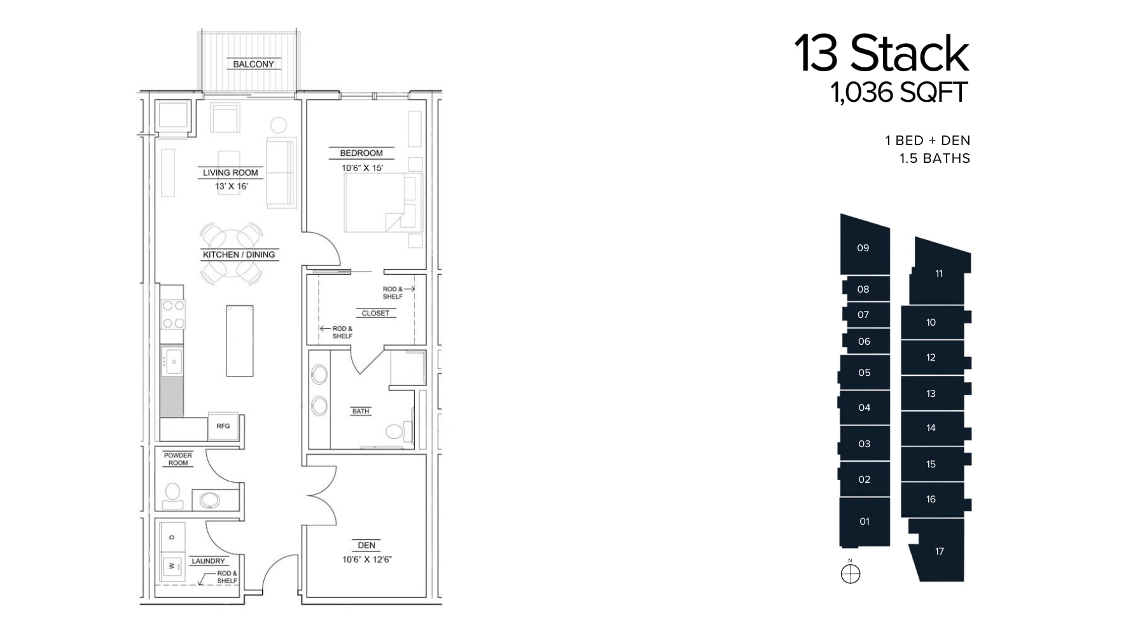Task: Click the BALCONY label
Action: coord(253,64)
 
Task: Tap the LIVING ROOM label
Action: coord(230,172)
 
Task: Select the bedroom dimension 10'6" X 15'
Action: coord(362,168)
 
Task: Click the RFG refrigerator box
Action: coord(223,426)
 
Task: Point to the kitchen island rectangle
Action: coord(240,340)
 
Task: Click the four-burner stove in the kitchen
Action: coord(173,314)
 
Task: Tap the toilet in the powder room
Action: coord(172,495)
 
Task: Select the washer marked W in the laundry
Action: coord(172,565)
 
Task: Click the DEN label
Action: coord(366,545)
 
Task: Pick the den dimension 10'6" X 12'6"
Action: coord(367,560)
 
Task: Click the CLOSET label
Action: coord(375,313)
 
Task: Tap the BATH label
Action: coord(361,411)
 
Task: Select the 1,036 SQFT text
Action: coord(899,93)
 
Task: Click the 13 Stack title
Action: coord(881,53)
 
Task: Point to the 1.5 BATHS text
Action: coord(935,158)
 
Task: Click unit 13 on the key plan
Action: coord(931,394)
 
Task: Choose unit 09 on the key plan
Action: coord(863,248)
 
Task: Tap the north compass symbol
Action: coord(851,574)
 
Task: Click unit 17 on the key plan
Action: coord(940,551)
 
